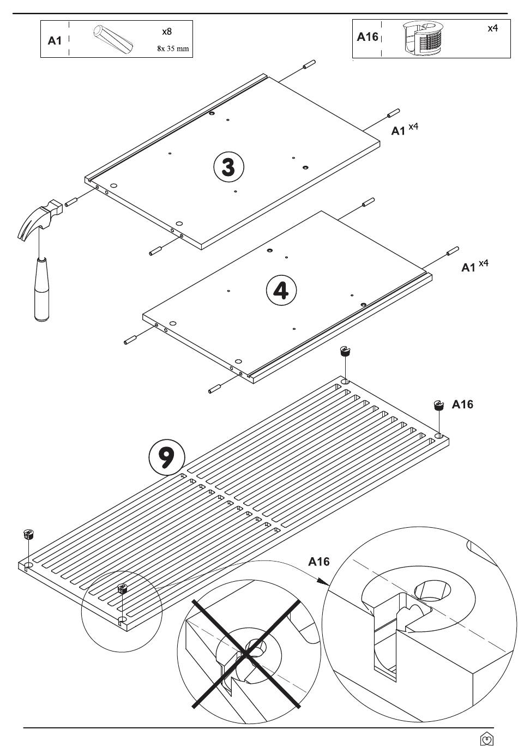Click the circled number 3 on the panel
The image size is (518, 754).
(228, 167)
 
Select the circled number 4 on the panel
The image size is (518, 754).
(281, 291)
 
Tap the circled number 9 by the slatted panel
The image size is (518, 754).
(167, 457)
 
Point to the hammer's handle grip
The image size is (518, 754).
(43, 289)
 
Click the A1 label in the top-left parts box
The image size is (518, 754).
(55, 41)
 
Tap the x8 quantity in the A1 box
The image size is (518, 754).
(167, 32)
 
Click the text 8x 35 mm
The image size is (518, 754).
(173, 49)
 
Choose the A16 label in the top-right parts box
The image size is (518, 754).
(368, 37)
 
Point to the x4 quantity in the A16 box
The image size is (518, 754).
(493, 28)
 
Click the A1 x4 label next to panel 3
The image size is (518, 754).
(405, 130)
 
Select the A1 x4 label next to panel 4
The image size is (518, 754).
(474, 266)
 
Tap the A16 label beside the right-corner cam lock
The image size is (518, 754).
(462, 405)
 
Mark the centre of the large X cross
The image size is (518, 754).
(246, 653)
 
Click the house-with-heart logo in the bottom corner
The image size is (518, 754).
(487, 739)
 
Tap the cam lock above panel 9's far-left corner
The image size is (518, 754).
(28, 534)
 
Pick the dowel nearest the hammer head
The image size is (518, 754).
(71, 202)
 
